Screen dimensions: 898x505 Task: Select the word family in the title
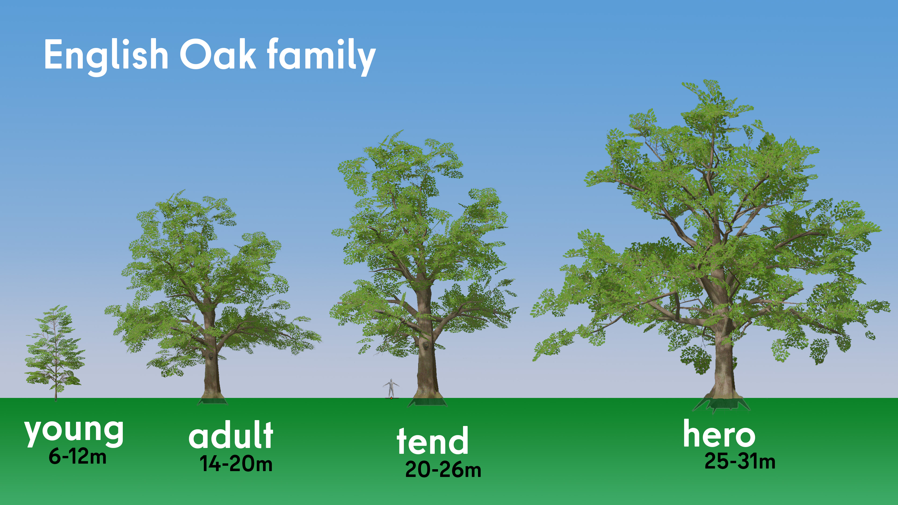tap(321, 56)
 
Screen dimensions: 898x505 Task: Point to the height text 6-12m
tap(77, 456)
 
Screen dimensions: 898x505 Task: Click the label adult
tap(231, 435)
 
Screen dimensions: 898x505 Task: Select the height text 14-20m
tap(236, 464)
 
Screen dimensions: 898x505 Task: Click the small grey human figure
tap(391, 388)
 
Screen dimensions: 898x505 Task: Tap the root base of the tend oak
tap(427, 401)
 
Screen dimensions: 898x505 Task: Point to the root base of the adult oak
tap(212, 400)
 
